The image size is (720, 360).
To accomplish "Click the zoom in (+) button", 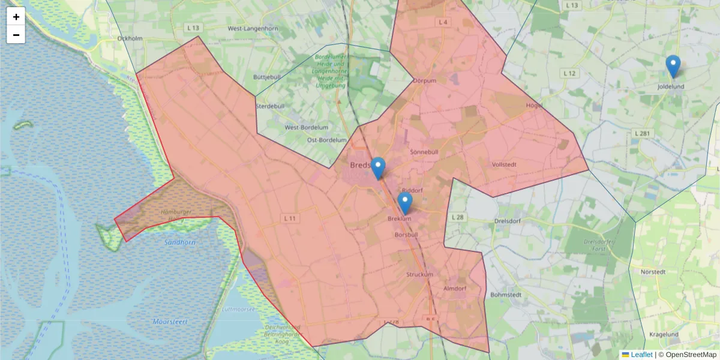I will pos(16,17).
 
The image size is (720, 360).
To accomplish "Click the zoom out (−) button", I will pos(16,35).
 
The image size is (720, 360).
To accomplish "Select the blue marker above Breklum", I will pos(405,203).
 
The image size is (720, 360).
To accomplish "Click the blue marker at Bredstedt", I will pos(378,169).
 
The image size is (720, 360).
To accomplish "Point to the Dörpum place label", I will pos(425,80).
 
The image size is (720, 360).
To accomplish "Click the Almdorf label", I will pos(454,289).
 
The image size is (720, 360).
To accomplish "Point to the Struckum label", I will pos(419,275).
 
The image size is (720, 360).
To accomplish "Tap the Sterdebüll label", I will pos(270,106).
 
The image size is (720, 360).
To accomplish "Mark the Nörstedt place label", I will pos(653,272).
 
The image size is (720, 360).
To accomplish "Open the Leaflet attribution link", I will pos(641,355).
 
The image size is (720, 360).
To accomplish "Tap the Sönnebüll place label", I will pos(425,152).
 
